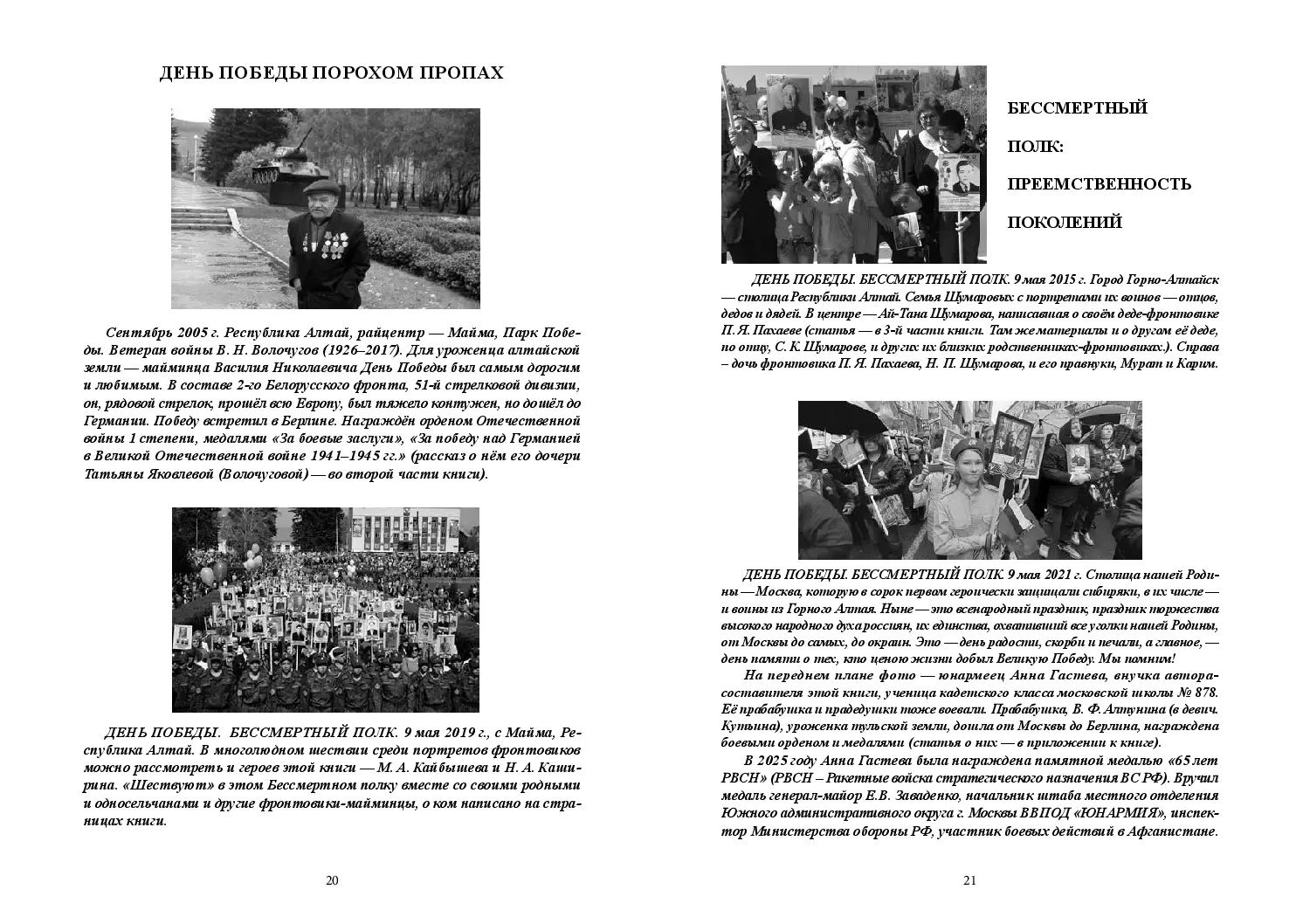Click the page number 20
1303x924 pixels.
(332, 880)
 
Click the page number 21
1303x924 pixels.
(969, 880)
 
